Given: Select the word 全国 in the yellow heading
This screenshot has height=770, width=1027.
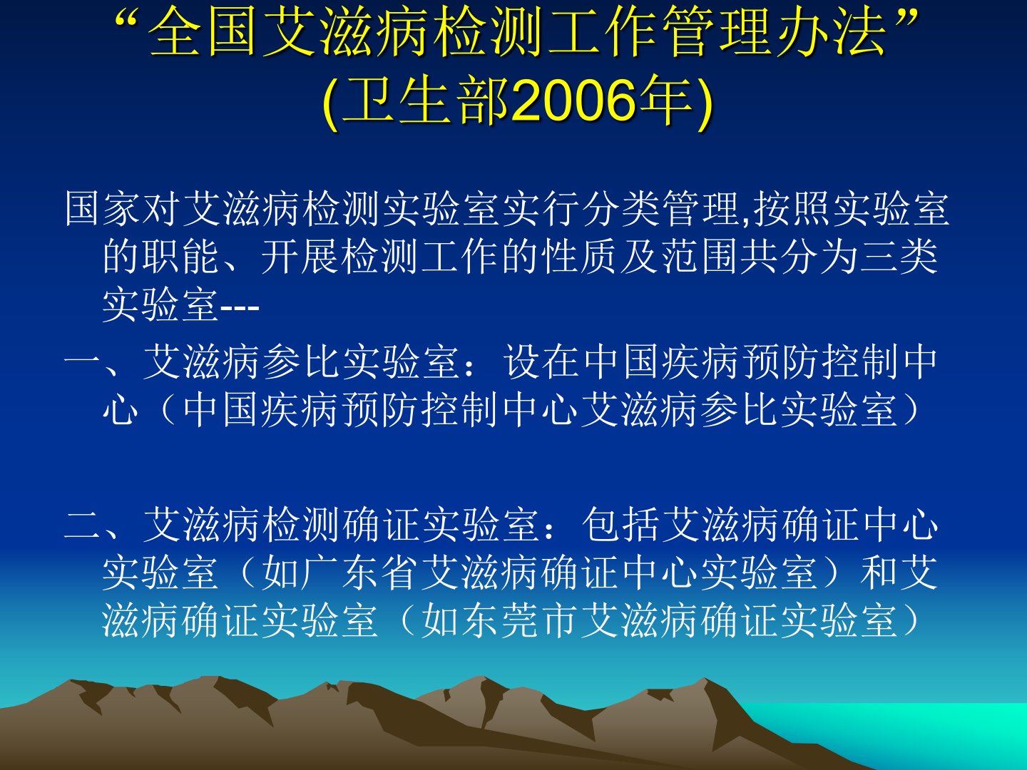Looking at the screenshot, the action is (x=202, y=32).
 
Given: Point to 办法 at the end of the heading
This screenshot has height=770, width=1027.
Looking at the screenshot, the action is (x=832, y=32).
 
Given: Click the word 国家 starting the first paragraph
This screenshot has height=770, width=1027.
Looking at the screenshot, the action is (x=103, y=209).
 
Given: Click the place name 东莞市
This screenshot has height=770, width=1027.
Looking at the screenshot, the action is (x=500, y=621).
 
